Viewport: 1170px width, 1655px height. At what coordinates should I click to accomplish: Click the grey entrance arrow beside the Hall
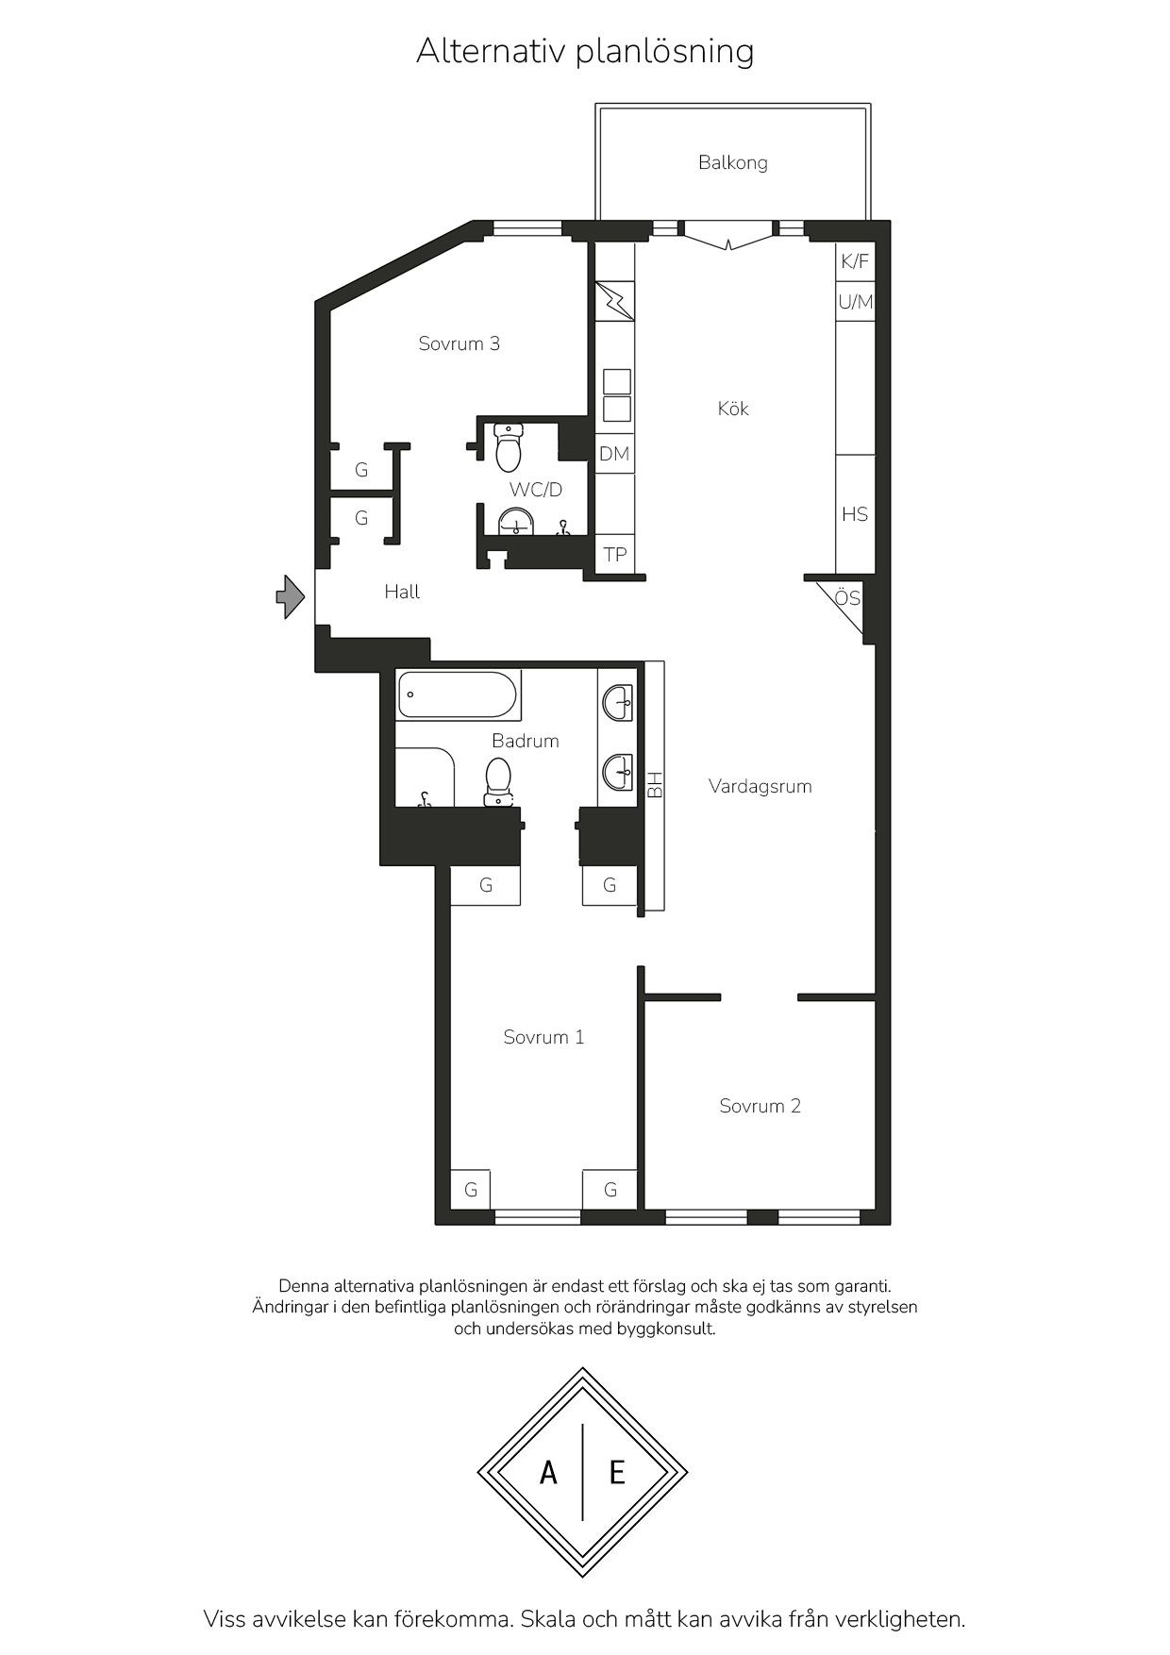290,596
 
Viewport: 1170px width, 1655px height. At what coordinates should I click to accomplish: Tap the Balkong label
733,162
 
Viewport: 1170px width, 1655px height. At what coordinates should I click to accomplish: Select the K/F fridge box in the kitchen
855,261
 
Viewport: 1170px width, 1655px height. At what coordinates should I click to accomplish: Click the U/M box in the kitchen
855,302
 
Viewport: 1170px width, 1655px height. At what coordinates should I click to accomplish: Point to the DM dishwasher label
614,454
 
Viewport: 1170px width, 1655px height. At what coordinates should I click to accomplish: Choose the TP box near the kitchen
615,554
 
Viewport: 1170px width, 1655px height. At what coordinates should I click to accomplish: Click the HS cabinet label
855,514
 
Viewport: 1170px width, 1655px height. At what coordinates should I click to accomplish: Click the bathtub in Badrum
459,695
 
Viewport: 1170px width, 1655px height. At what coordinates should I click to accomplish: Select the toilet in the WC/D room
509,447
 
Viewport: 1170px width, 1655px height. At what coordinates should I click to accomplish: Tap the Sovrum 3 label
460,343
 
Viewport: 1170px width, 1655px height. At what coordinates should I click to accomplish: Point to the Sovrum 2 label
760,1106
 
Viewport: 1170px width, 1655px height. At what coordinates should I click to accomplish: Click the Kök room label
733,409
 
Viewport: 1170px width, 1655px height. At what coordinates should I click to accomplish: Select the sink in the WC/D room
515,521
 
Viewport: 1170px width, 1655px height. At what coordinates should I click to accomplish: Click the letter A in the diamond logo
548,1472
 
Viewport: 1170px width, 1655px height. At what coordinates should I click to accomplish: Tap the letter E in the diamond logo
617,1472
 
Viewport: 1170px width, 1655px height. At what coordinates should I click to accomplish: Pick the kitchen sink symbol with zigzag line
614,301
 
